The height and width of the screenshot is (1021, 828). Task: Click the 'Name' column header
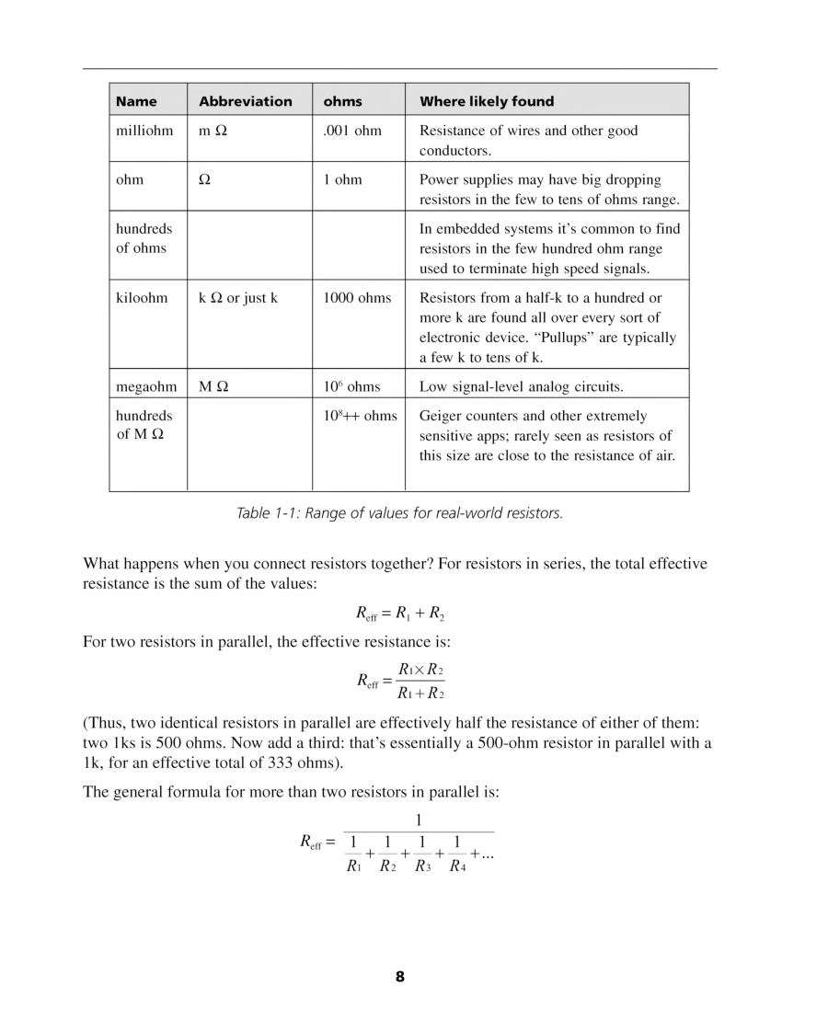(136, 101)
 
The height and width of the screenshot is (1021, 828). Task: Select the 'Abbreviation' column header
(245, 101)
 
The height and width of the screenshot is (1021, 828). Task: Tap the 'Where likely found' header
(487, 101)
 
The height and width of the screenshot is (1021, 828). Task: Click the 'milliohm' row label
(144, 131)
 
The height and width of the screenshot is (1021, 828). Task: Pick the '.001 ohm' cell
(352, 131)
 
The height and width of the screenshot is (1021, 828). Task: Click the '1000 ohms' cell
(357, 298)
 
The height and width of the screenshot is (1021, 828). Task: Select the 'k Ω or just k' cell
(238, 298)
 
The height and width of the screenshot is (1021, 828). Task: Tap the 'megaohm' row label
(145, 386)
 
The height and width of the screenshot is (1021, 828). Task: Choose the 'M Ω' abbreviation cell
(213, 386)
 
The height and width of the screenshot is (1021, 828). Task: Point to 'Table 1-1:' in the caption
(268, 513)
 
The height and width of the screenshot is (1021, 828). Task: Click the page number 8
(400, 977)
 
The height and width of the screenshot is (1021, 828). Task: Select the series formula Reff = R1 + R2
(400, 614)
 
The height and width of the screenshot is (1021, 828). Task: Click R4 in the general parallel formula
(457, 866)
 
